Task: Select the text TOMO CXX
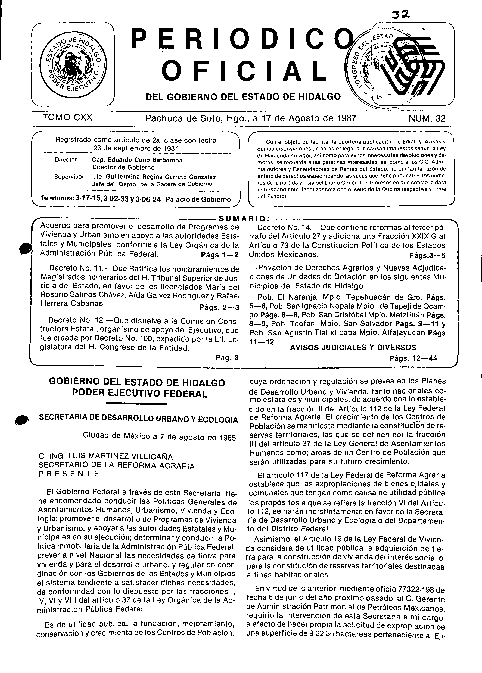[67, 118]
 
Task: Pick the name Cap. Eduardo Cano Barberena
[137, 160]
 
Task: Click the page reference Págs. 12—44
[413, 358]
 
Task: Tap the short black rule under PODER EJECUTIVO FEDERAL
[136, 404]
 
